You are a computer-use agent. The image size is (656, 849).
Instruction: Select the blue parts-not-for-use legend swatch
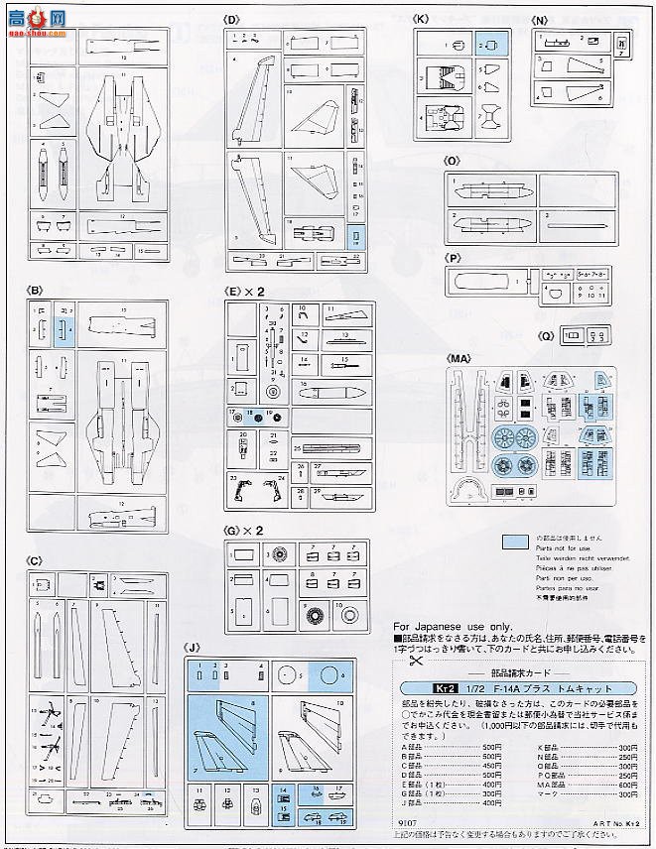tap(515, 542)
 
